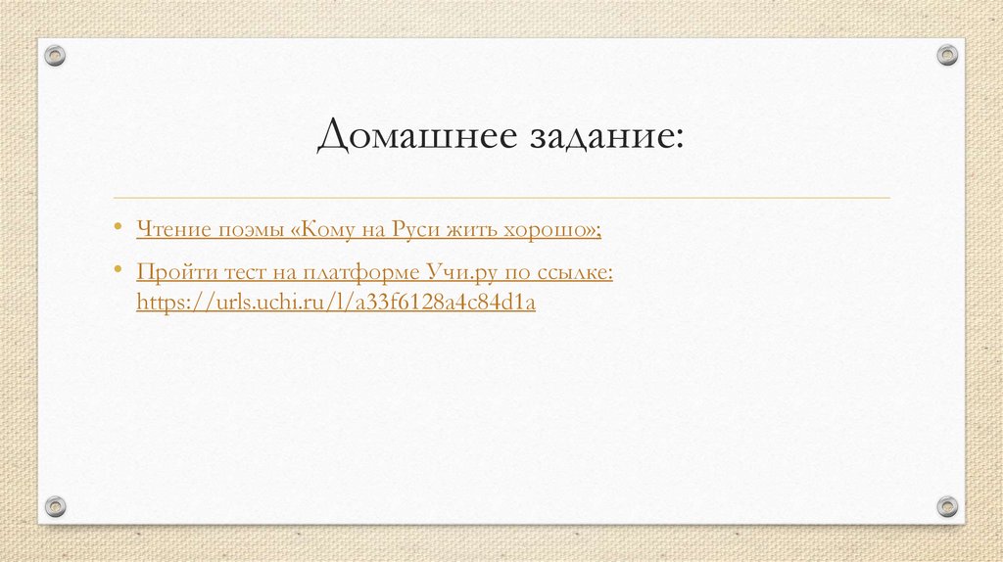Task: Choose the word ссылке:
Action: pyautogui.click(x=572, y=271)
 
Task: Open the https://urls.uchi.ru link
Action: pyautogui.click(x=336, y=303)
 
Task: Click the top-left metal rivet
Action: pyautogui.click(x=56, y=55)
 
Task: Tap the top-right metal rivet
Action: pyautogui.click(x=946, y=55)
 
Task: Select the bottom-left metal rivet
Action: pyautogui.click(x=56, y=505)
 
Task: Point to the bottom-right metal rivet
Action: pyautogui.click(x=946, y=505)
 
